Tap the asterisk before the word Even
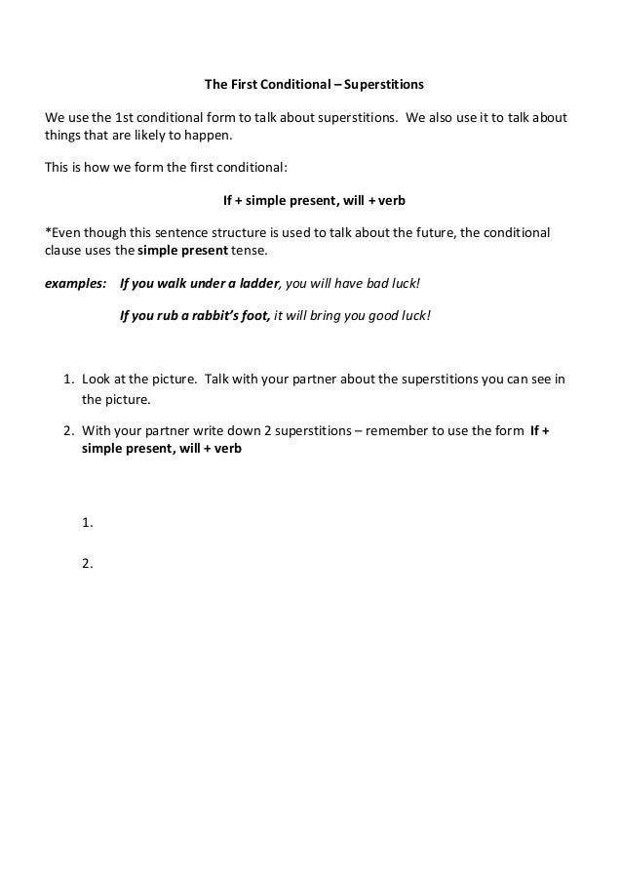49,233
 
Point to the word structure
226,234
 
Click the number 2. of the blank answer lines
88,562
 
